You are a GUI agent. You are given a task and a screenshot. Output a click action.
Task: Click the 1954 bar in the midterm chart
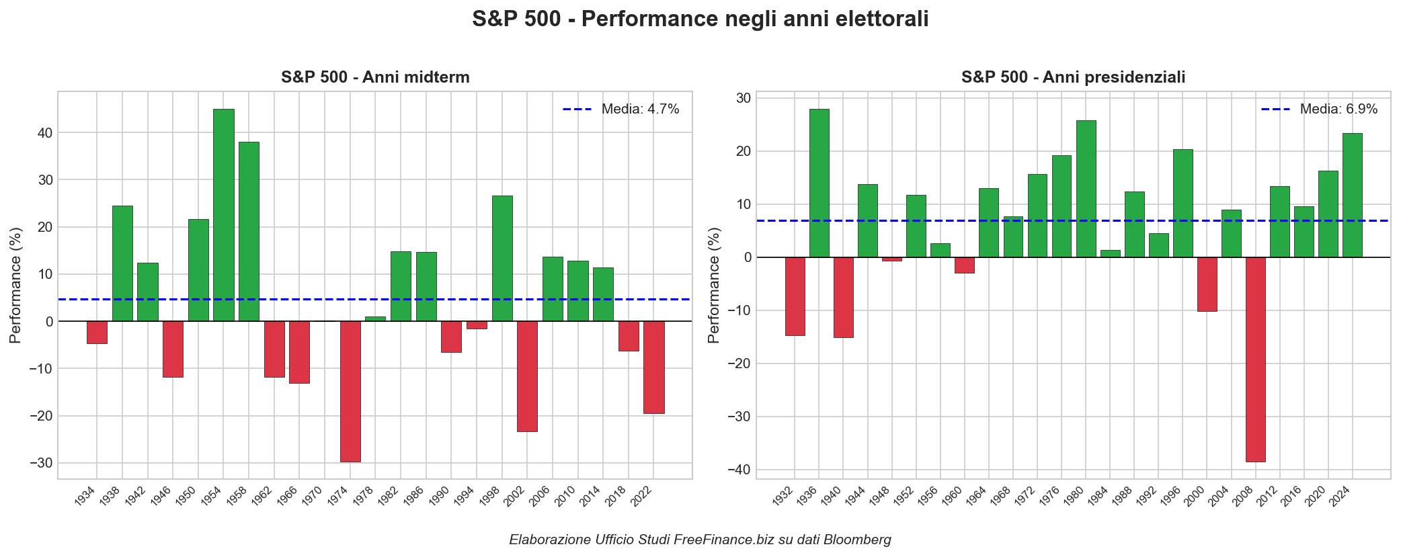point(224,215)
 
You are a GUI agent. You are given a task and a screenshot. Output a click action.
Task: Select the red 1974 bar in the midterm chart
point(350,391)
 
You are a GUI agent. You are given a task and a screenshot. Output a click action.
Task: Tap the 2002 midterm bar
point(527,376)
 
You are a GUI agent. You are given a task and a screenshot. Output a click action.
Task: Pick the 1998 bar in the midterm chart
point(502,259)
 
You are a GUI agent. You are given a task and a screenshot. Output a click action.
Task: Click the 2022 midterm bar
point(653,367)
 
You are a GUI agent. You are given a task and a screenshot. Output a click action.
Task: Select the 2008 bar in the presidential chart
point(1255,359)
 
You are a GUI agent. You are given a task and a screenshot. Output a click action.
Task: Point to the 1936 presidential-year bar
point(819,183)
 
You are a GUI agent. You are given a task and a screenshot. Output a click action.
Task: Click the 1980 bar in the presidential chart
point(1086,189)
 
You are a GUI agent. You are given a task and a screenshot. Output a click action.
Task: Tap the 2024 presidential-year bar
point(1352,195)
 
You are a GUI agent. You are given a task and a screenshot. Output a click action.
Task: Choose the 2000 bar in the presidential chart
point(1207,284)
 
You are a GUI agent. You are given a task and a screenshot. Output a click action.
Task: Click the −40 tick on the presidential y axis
point(739,470)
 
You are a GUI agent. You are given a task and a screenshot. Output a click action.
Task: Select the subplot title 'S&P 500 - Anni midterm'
point(375,77)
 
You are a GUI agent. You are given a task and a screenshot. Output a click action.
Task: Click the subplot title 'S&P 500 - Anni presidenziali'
point(1073,77)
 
